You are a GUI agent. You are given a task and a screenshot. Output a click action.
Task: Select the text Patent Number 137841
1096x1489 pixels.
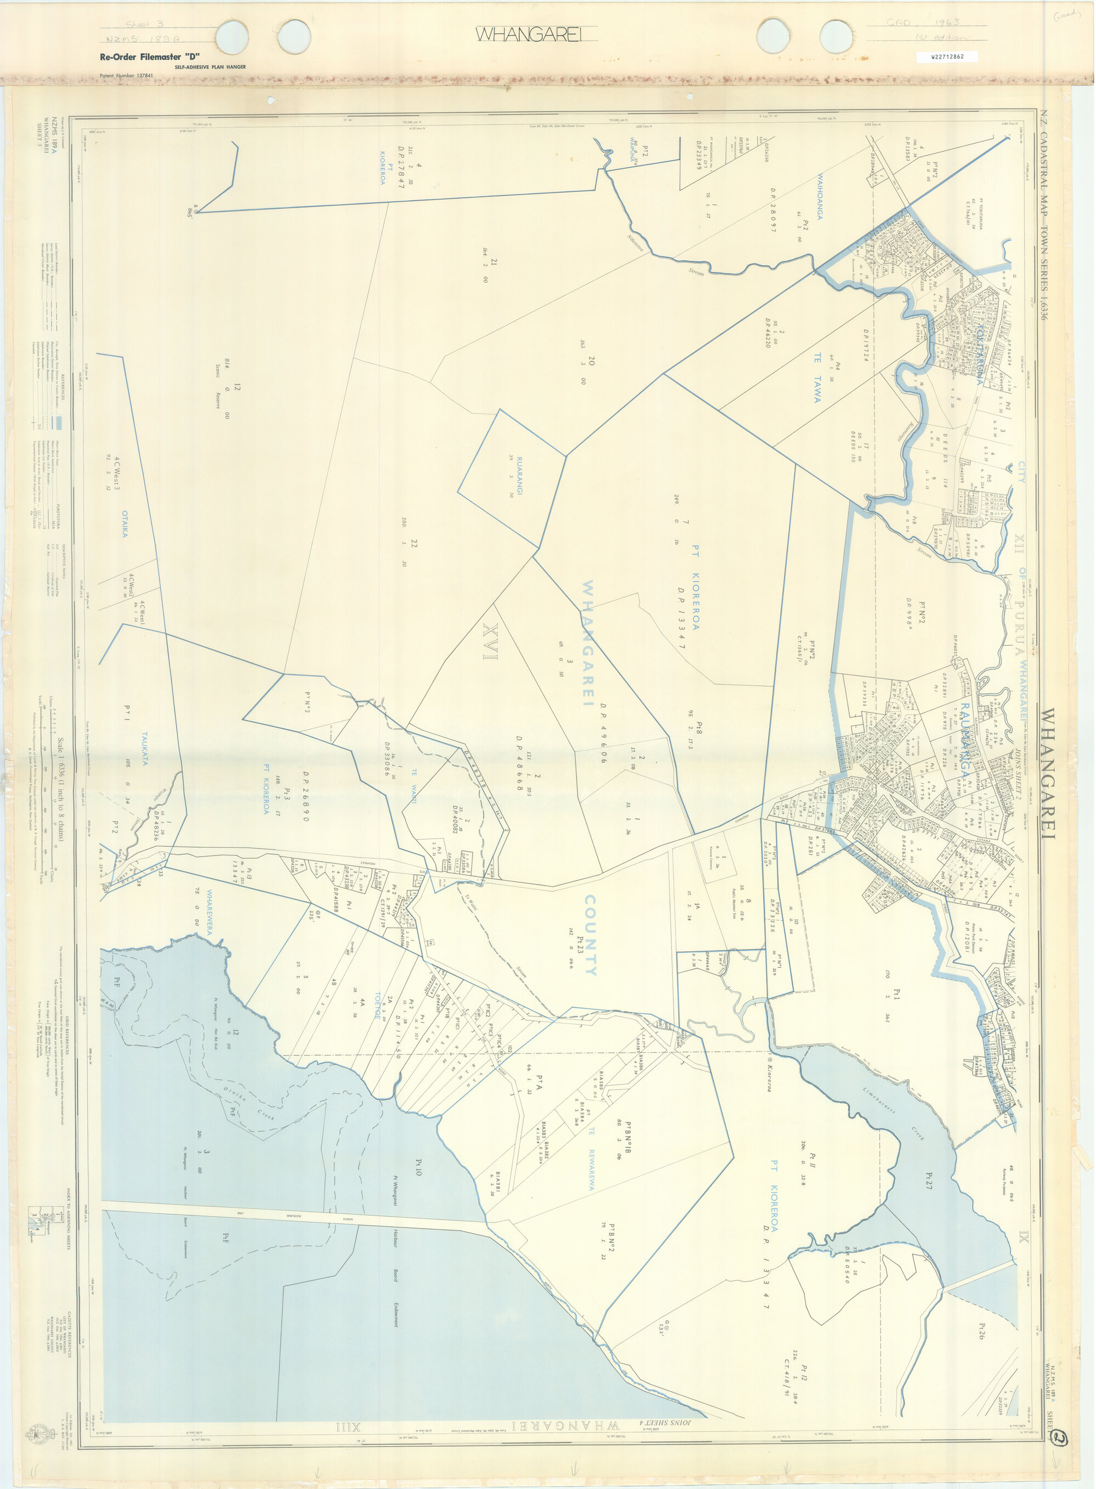[126, 76]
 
